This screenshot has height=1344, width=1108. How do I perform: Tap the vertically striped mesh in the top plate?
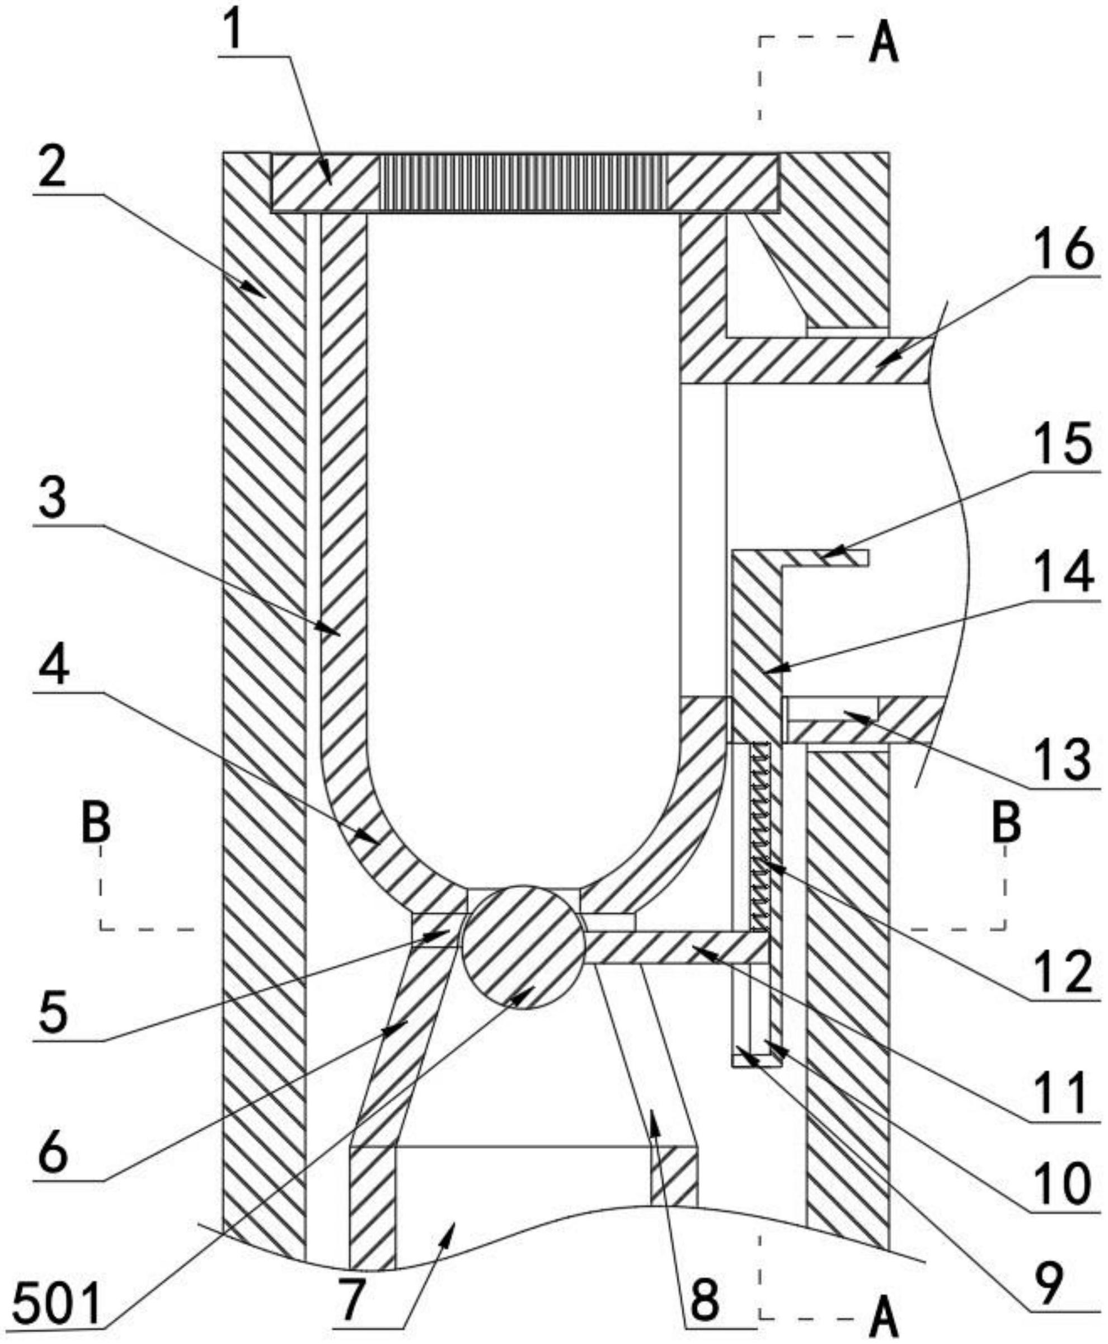[523, 183]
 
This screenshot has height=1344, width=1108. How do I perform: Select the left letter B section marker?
[96, 823]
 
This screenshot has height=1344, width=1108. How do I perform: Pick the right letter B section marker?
[1007, 823]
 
